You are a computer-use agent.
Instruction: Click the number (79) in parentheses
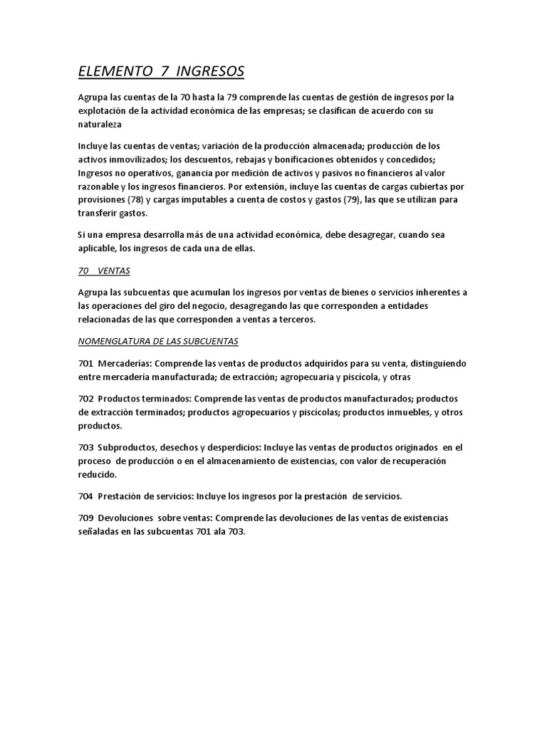tap(347, 201)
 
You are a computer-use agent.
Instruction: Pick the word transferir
tap(100, 213)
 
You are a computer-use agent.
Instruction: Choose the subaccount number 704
tap(85, 495)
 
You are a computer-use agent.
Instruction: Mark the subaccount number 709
tap(85, 517)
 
